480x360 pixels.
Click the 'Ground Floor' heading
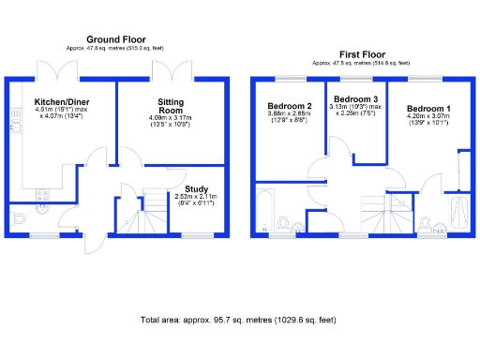tap(113, 38)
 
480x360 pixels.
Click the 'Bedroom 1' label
tap(427, 110)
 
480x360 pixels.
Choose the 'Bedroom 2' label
tap(289, 105)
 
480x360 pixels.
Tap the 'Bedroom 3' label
tap(356, 99)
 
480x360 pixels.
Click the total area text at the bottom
tap(239, 320)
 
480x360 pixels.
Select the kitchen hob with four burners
tap(40, 195)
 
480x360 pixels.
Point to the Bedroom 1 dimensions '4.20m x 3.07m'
tap(427, 122)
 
